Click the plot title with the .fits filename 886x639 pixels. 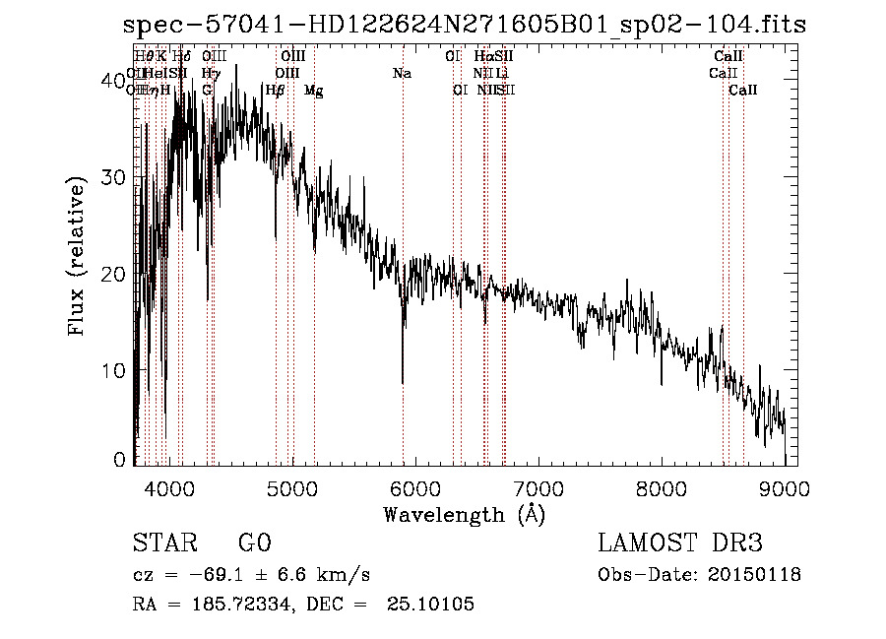(464, 24)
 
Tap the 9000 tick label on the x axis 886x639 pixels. (784, 485)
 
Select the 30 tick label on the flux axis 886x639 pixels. (114, 177)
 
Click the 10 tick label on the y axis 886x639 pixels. (114, 370)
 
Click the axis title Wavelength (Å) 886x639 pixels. (463, 513)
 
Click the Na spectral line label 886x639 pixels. (402, 74)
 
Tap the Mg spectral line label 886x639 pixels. (313, 91)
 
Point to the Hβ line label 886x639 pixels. (276, 91)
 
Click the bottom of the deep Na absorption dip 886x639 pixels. (403, 382)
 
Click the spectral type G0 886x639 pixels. (254, 543)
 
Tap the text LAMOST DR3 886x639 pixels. (679, 543)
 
